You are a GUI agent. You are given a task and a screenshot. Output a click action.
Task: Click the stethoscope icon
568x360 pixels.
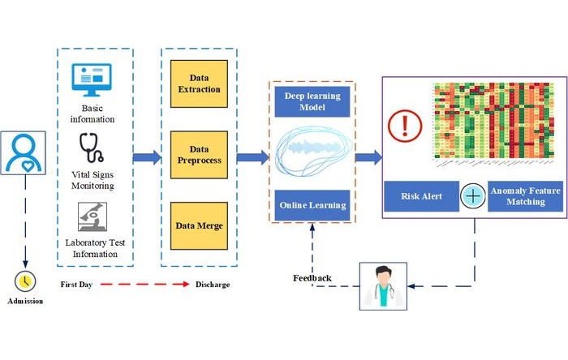93,149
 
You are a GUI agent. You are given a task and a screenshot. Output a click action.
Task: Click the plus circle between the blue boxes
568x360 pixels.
473,196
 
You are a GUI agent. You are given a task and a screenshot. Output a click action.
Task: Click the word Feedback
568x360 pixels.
312,278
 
